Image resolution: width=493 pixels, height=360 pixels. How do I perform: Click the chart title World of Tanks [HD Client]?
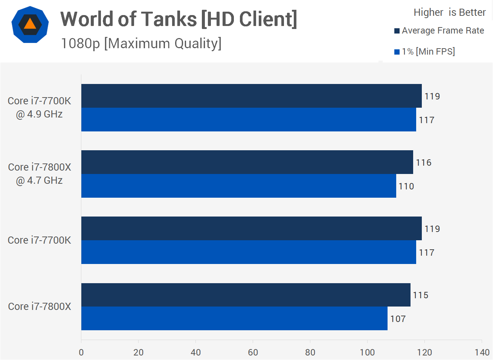pyautogui.click(x=179, y=19)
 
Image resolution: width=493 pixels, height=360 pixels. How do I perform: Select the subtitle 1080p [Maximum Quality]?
pyautogui.click(x=141, y=44)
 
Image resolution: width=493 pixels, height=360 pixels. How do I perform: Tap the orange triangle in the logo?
pyautogui.click(x=30, y=24)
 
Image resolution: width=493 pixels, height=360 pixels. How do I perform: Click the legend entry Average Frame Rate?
pyautogui.click(x=443, y=31)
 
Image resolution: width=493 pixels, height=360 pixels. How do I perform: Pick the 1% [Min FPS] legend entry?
pyautogui.click(x=428, y=52)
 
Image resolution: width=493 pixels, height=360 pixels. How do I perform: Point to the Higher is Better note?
pyautogui.click(x=449, y=12)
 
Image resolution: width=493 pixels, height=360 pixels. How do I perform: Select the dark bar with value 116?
pyautogui.click(x=247, y=162)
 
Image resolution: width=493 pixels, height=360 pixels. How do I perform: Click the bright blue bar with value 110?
pyautogui.click(x=238, y=186)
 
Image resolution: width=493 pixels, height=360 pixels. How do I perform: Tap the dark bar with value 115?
pyautogui.click(x=246, y=295)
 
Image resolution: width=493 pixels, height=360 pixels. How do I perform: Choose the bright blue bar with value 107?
pyautogui.click(x=234, y=319)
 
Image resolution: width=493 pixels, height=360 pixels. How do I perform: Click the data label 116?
pyautogui.click(x=424, y=163)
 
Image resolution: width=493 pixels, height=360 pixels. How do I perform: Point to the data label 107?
pyautogui.click(x=398, y=319)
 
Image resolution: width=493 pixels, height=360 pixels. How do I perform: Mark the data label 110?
pyautogui.click(x=406, y=186)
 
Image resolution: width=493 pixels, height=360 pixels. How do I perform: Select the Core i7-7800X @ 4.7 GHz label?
pyautogui.click(x=40, y=174)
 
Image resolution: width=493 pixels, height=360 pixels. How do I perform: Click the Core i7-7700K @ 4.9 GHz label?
pyautogui.click(x=40, y=107)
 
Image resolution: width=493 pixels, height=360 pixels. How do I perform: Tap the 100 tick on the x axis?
pyautogui.click(x=367, y=352)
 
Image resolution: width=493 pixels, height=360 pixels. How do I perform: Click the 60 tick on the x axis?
pyautogui.click(x=253, y=352)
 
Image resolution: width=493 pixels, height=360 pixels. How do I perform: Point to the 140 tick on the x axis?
pyautogui.click(x=482, y=352)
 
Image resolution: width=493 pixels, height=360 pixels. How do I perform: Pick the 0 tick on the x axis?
pyautogui.click(x=81, y=352)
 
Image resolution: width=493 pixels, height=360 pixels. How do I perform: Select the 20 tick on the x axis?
pyautogui.click(x=139, y=352)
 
